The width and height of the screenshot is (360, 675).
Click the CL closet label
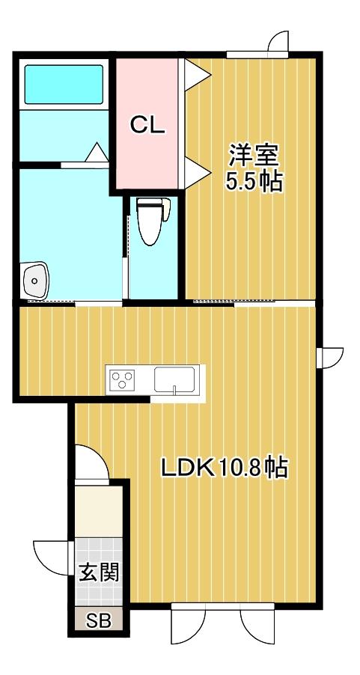click(147, 126)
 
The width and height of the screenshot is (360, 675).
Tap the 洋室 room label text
click(253, 156)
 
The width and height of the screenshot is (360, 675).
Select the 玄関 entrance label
click(99, 574)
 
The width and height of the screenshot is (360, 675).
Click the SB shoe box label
click(99, 621)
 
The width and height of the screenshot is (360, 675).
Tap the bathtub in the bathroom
click(64, 85)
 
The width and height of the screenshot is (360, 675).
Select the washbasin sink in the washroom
click(34, 281)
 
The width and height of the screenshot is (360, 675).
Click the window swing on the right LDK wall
click(329, 357)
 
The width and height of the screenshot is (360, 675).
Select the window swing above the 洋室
click(278, 43)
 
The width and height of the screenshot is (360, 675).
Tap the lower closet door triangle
click(197, 171)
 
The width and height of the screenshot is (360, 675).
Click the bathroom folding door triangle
click(97, 153)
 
